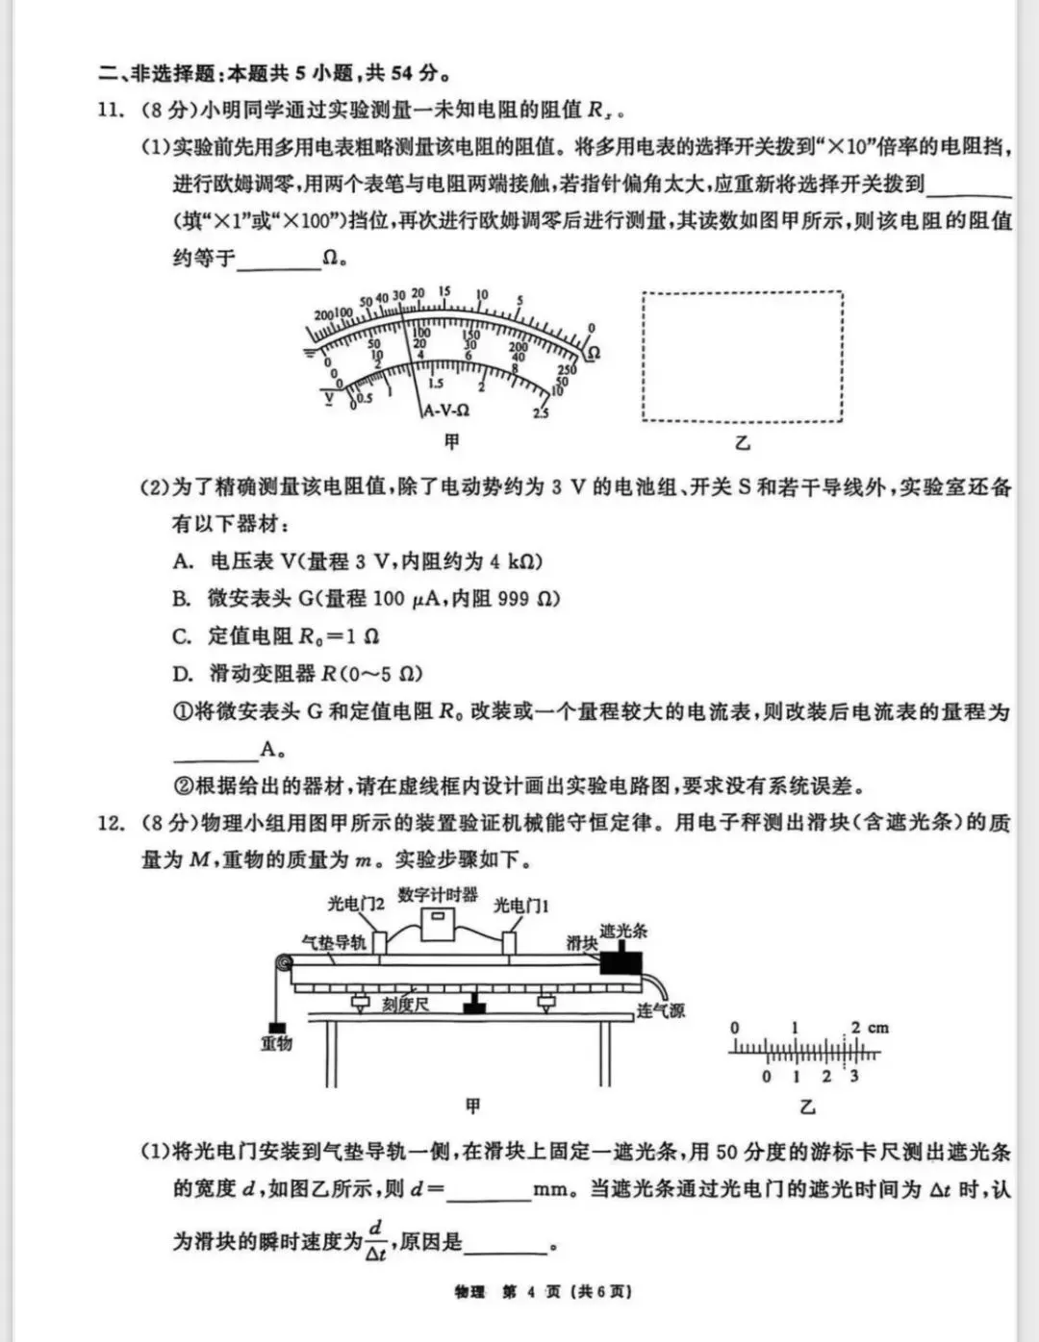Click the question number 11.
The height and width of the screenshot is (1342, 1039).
tap(112, 111)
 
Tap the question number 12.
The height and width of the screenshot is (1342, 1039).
tap(112, 823)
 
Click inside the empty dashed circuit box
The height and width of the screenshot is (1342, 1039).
tap(742, 357)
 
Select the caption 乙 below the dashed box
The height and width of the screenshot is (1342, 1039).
tap(742, 443)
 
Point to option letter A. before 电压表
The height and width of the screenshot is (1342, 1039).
tap(183, 561)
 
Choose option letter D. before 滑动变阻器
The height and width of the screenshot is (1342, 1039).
tap(183, 673)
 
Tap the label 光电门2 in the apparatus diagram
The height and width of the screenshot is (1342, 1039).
tap(356, 905)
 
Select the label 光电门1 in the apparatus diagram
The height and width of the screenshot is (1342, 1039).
tap(520, 906)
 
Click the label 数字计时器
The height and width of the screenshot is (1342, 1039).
tap(438, 894)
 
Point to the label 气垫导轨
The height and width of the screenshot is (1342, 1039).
tap(334, 941)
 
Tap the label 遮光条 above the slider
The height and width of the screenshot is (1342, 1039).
tap(623, 931)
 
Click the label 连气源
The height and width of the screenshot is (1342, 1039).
tap(660, 1010)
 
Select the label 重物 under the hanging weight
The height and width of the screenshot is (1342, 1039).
tap(276, 1043)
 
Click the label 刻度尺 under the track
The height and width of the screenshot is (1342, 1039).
tap(405, 1005)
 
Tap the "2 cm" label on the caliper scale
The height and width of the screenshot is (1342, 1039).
tap(870, 1028)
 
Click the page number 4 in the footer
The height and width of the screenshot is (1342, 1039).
tap(530, 1292)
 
